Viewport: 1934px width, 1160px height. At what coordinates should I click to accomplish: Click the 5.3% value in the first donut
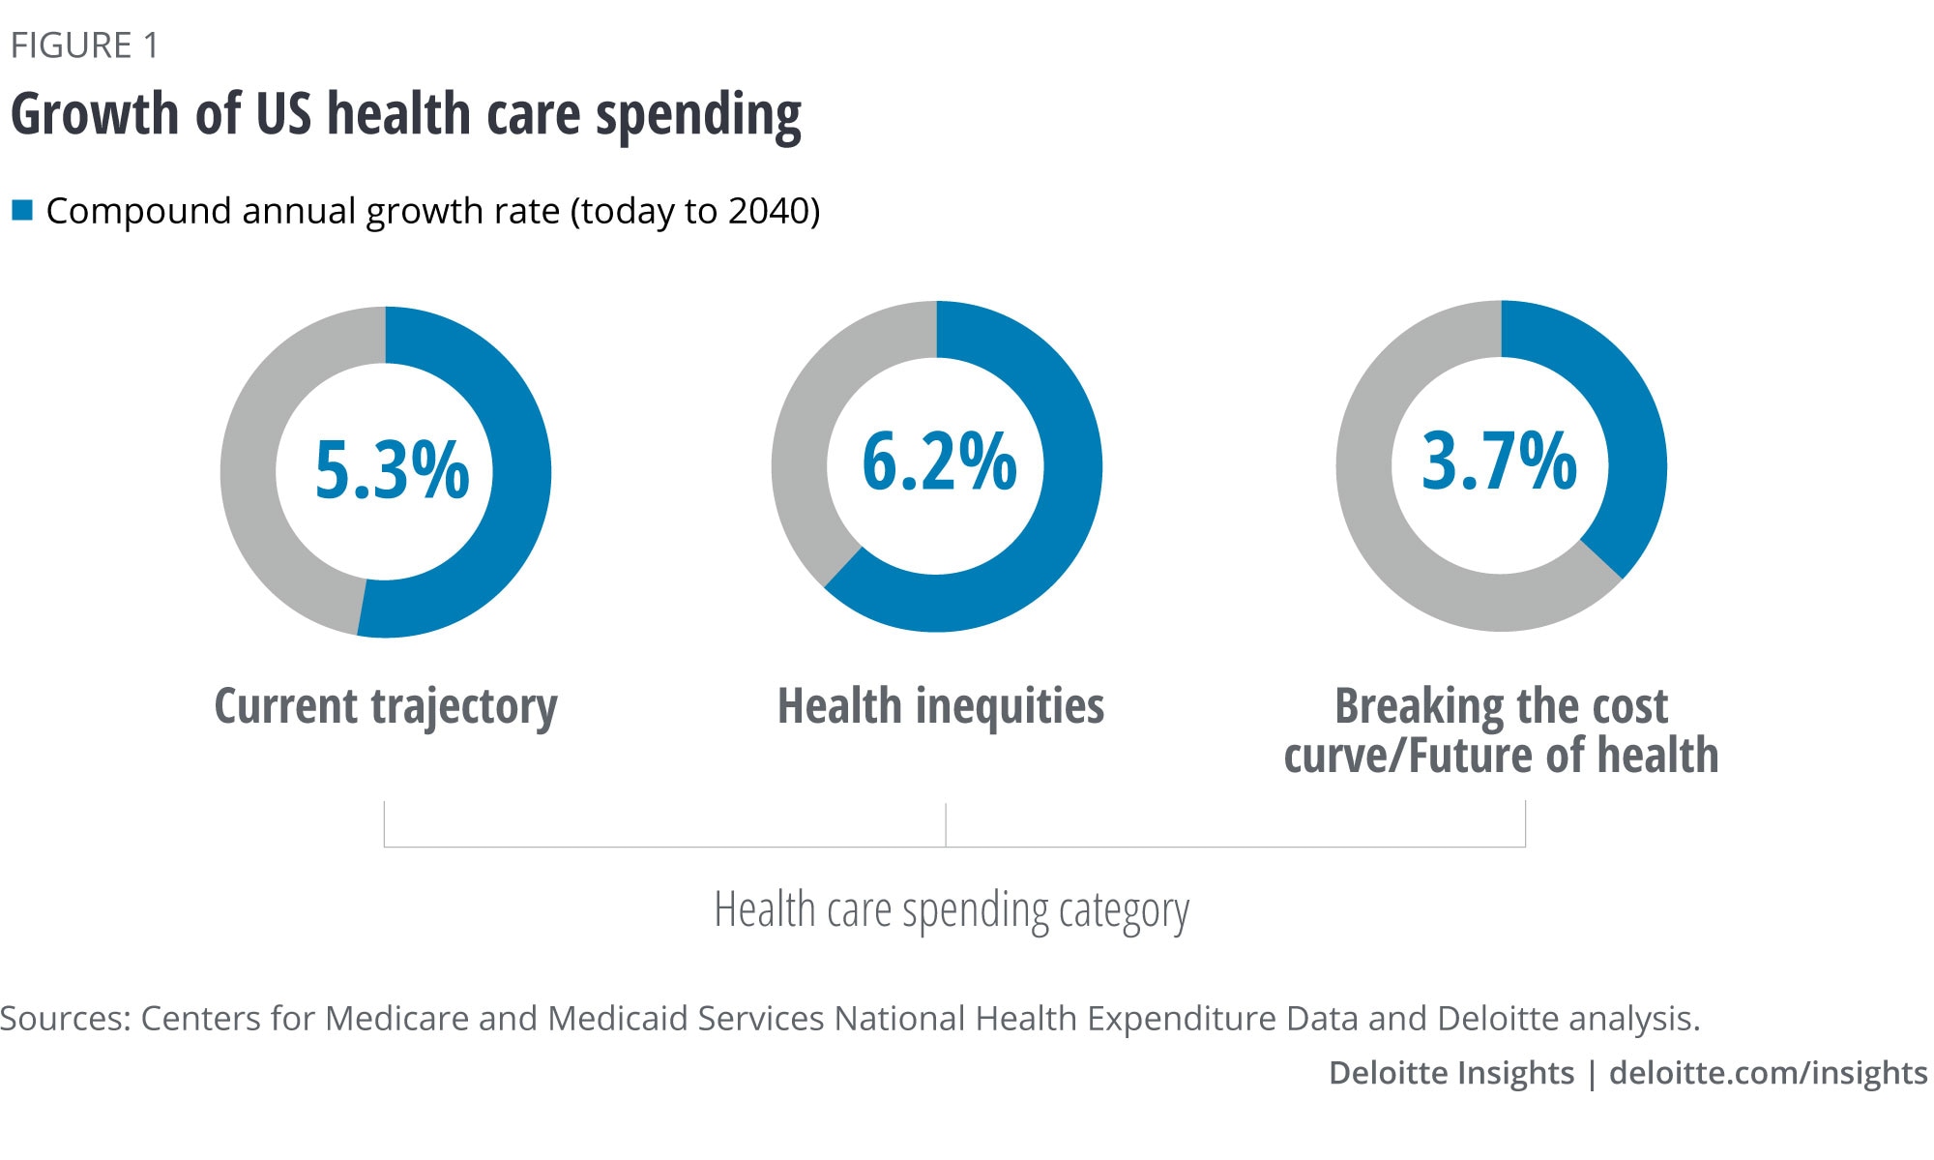click(392, 470)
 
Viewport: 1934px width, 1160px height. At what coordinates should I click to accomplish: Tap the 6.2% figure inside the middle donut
click(939, 461)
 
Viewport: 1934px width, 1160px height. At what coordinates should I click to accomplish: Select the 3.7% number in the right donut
click(1499, 461)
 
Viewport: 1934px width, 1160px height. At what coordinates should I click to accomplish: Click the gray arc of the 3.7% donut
click(1365, 484)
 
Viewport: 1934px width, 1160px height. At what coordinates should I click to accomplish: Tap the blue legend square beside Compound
click(22, 210)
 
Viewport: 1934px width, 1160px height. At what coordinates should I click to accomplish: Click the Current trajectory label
click(386, 706)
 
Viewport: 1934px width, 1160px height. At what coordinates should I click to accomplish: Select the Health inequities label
click(941, 706)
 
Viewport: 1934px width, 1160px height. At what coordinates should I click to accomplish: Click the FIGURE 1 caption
click(84, 45)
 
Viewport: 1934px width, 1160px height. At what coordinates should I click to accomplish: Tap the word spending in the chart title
click(698, 116)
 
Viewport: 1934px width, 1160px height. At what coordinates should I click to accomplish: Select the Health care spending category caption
click(952, 910)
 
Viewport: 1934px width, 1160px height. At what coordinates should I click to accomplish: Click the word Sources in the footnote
click(63, 1018)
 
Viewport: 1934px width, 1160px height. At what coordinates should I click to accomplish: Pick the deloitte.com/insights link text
click(1768, 1073)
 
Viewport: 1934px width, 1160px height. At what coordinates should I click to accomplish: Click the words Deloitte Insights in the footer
click(1450, 1073)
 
